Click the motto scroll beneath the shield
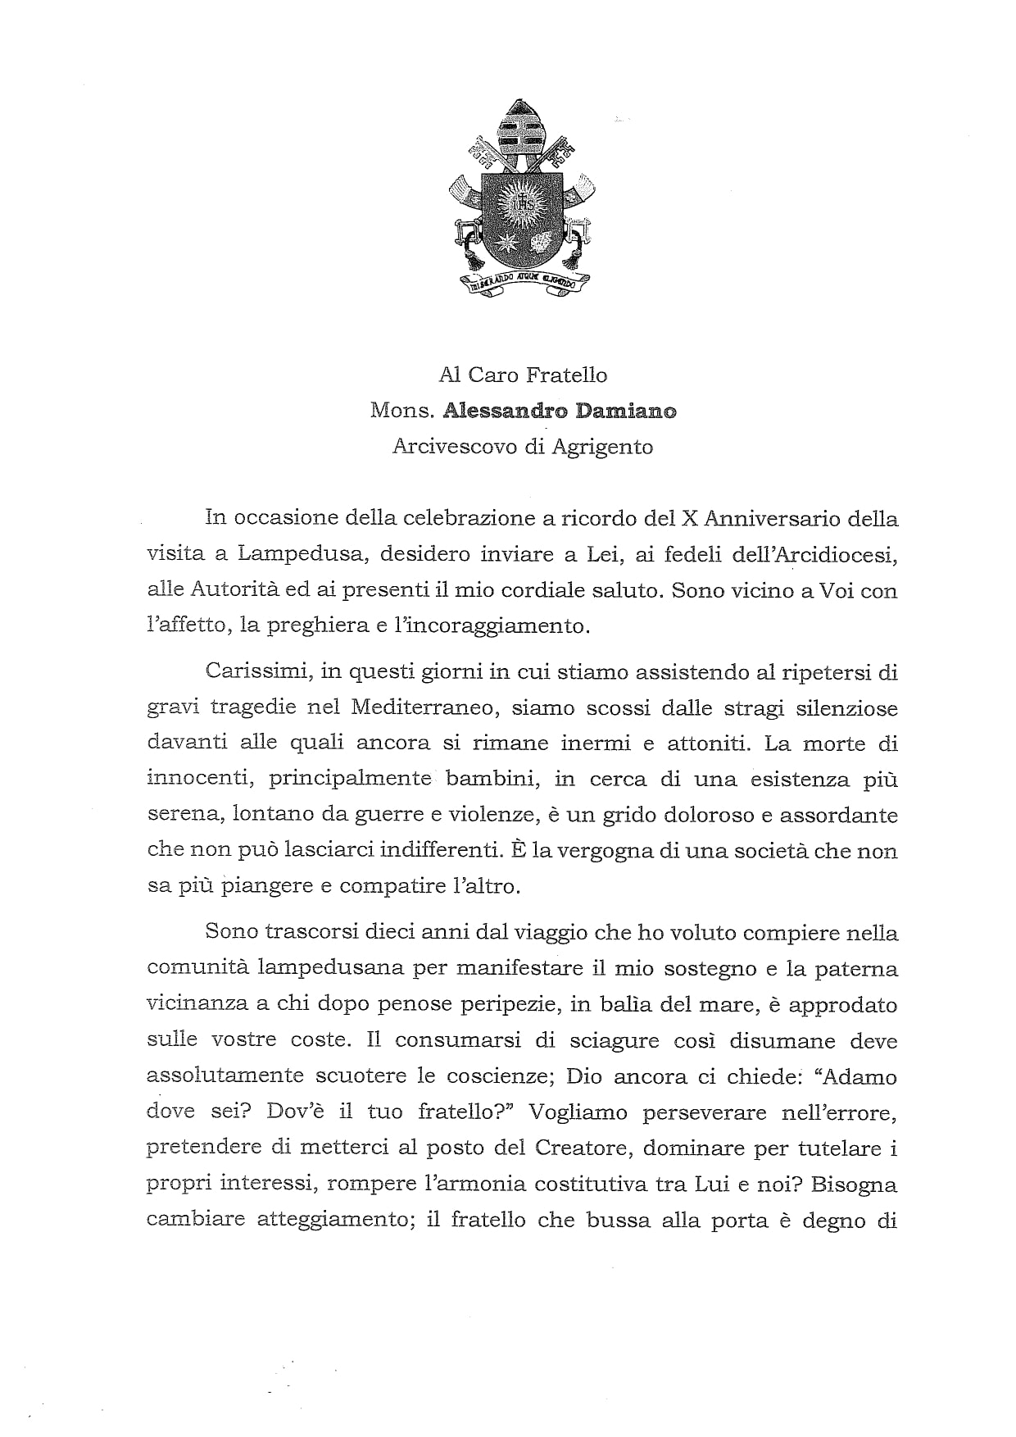(522, 284)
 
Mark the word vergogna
(585, 851)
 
